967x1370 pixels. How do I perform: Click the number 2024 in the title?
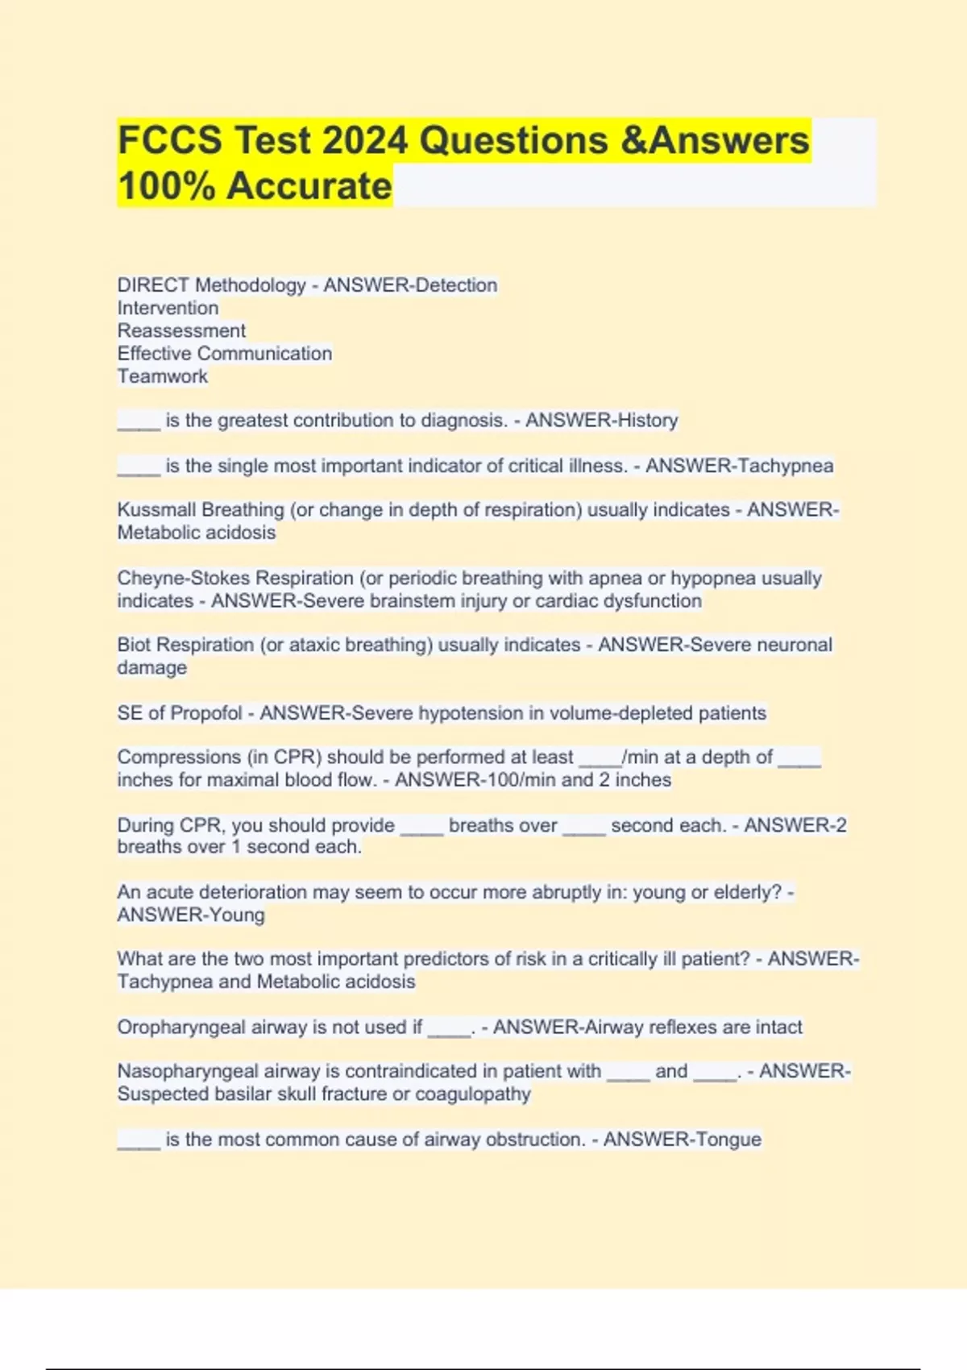click(364, 140)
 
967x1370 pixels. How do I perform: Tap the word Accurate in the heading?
click(309, 186)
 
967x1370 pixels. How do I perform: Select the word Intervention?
click(168, 308)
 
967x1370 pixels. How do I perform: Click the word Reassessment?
click(181, 330)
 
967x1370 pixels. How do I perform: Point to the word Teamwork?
click(162, 376)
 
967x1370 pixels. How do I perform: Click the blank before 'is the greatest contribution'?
click(139, 421)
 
